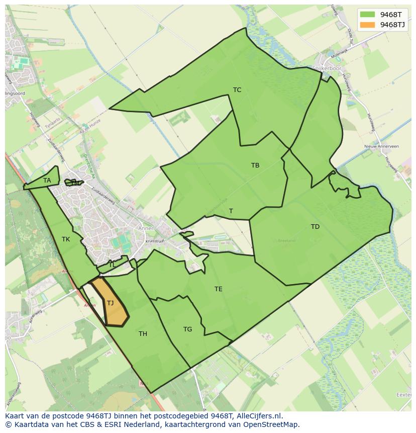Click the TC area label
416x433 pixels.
pyautogui.click(x=237, y=90)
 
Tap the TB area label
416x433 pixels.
pyautogui.click(x=255, y=165)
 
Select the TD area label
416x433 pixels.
pyautogui.click(x=315, y=227)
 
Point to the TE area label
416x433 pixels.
pyautogui.click(x=219, y=289)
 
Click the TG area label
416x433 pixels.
pyautogui.click(x=187, y=329)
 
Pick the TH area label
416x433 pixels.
pyautogui.click(x=143, y=334)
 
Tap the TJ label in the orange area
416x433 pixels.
pyautogui.click(x=111, y=303)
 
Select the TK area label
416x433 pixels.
pyautogui.click(x=66, y=239)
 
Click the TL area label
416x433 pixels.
pyautogui.click(x=112, y=265)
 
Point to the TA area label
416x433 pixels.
pyautogui.click(x=47, y=181)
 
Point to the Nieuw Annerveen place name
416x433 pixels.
pyautogui.click(x=381, y=146)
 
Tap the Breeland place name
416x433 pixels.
pyautogui.click(x=286, y=241)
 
